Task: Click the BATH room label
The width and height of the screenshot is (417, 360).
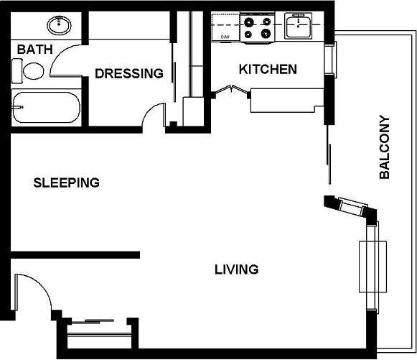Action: [x=35, y=50]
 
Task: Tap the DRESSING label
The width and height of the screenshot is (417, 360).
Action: [x=129, y=73]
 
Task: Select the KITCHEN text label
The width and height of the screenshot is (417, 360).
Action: [x=268, y=69]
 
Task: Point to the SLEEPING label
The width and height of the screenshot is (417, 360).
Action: [x=67, y=183]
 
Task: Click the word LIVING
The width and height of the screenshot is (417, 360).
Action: [x=236, y=269]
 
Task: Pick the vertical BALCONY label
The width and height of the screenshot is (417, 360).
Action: [x=384, y=147]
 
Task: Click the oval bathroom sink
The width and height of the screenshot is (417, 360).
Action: [x=59, y=25]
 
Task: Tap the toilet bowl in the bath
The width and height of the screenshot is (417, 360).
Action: [x=34, y=71]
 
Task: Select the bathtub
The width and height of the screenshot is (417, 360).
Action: [x=46, y=108]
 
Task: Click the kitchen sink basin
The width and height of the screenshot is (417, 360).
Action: [x=298, y=26]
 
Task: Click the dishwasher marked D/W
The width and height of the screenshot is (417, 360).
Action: [x=225, y=27]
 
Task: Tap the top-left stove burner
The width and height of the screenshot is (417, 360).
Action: [x=249, y=22]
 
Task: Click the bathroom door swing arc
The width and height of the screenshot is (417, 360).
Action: [x=56, y=56]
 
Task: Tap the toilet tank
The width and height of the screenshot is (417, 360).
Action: [x=17, y=71]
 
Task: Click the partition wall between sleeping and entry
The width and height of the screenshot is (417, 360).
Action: [x=75, y=255]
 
